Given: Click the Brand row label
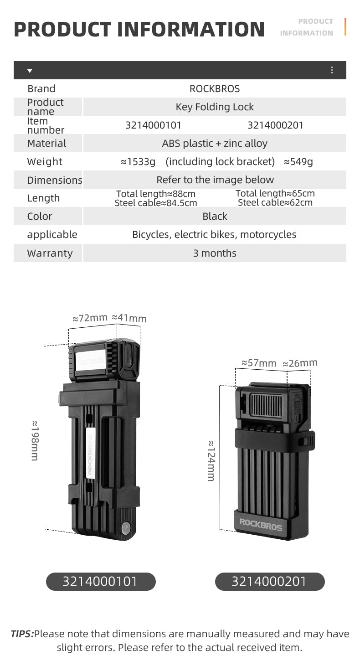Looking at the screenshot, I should pyautogui.click(x=41, y=89).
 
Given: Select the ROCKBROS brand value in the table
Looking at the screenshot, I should pyautogui.click(x=215, y=89).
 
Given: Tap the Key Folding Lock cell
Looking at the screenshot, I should pyautogui.click(x=215, y=107).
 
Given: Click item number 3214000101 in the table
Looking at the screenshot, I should pyautogui.click(x=154, y=125).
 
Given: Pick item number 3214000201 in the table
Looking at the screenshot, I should pyautogui.click(x=275, y=125).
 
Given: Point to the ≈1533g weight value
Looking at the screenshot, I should pyautogui.click(x=138, y=162).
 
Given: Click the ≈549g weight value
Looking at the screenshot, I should pyautogui.click(x=298, y=162).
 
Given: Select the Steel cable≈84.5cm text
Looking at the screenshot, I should pyautogui.click(x=156, y=203).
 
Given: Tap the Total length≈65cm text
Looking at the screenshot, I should pyautogui.click(x=275, y=193).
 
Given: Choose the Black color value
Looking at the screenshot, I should pyautogui.click(x=215, y=217).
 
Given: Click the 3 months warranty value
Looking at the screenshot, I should pyautogui.click(x=215, y=253).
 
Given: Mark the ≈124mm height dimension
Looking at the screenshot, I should pyautogui.click(x=211, y=460).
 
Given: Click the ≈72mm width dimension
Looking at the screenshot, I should pyautogui.click(x=90, y=318).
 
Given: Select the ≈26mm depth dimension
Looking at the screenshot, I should pyautogui.click(x=300, y=363).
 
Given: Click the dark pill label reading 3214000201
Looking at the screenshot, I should pyautogui.click(x=270, y=582).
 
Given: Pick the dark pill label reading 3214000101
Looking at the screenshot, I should pyautogui.click(x=101, y=582).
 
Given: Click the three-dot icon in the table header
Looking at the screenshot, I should pyautogui.click(x=332, y=70).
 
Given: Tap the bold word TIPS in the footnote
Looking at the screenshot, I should pyautogui.click(x=22, y=634).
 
